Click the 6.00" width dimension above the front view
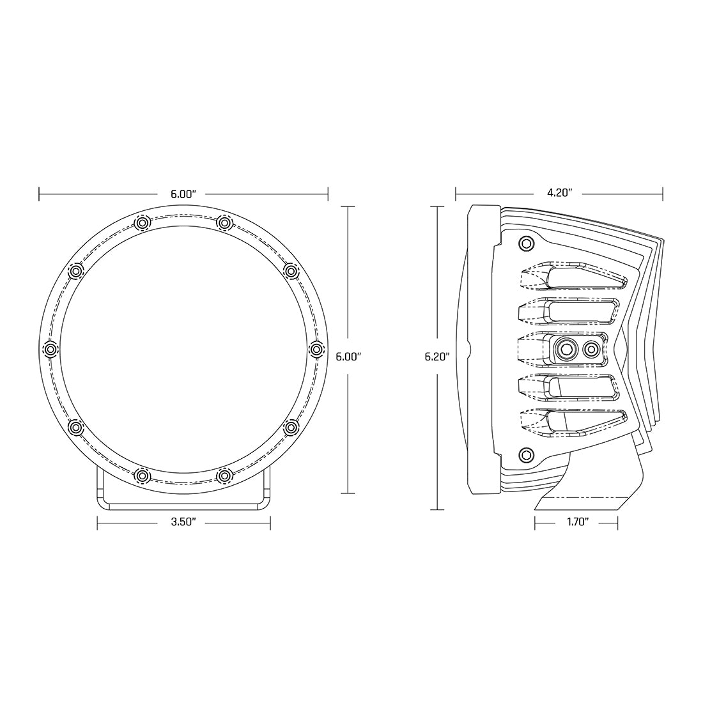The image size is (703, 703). click(x=183, y=192)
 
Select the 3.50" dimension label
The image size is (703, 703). click(x=183, y=522)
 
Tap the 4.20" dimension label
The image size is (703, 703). click(x=559, y=192)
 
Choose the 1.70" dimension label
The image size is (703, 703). click(x=576, y=522)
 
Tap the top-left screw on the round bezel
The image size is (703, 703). click(x=142, y=222)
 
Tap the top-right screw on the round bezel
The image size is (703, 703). click(x=224, y=222)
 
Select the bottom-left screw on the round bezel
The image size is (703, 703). click(x=142, y=475)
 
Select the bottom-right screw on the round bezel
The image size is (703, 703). click(x=224, y=475)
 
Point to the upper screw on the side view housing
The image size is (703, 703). click(x=526, y=243)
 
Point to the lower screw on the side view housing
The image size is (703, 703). click(x=526, y=454)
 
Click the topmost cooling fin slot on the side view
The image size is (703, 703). click(x=582, y=276)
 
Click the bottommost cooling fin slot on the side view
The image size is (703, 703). click(x=582, y=422)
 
